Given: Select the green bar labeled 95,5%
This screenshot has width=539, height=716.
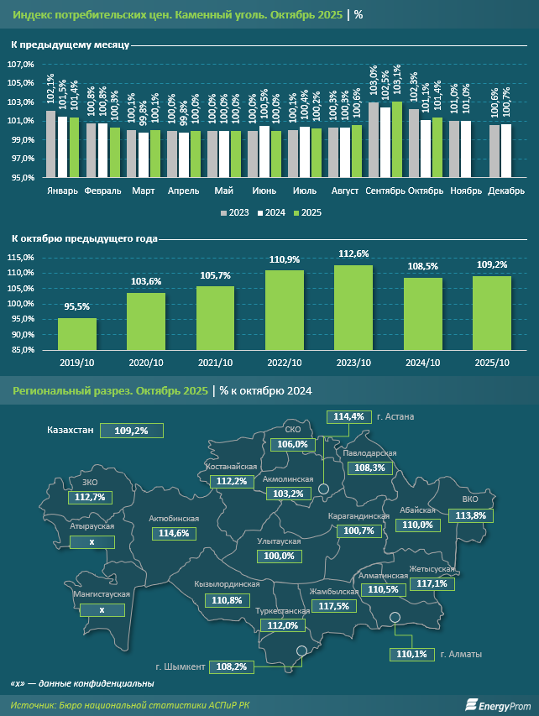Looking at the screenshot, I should pos(77,332).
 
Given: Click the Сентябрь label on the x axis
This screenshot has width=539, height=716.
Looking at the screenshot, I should pos(385,191).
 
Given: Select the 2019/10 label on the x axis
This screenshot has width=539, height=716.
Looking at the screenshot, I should pos(77,362).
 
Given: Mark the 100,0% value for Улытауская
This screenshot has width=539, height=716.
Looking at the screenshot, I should pos(279,556).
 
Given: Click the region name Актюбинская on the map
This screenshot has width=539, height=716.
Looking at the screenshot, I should pos(173,519).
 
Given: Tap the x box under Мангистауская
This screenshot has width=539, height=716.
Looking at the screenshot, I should pos(102,609).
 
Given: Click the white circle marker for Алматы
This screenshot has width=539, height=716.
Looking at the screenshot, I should pos(396,619).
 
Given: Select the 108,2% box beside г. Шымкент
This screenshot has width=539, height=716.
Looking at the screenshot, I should pos(232,666).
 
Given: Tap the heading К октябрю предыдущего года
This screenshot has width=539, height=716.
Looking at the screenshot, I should pos(84,239).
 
